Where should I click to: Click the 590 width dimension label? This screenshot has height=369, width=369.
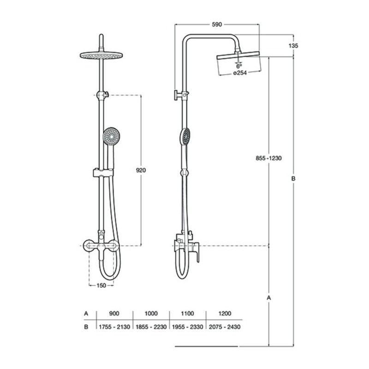[216, 25]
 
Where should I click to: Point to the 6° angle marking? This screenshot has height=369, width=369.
[239, 66]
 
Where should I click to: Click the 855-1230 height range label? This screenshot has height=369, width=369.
[268, 158]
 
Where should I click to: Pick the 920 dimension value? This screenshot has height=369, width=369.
[141, 170]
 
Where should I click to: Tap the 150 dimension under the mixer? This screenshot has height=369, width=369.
[101, 285]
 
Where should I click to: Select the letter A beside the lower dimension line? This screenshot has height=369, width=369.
[269, 298]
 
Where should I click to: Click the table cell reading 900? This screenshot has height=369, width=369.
[114, 313]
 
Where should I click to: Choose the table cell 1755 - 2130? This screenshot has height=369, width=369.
[114, 327]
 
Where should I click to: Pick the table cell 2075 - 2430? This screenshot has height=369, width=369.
[225, 327]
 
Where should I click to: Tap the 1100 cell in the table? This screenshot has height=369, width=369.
[188, 313]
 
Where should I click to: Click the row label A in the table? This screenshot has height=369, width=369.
[86, 313]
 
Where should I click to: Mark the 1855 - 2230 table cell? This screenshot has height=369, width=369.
[151, 327]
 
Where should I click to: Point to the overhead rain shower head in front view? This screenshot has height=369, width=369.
[100, 55]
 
